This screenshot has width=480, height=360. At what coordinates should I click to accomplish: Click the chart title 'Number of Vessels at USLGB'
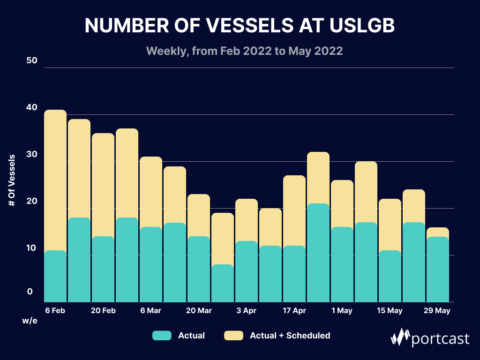point(240,26)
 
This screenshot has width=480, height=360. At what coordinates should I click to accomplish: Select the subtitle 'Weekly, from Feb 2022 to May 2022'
point(244,51)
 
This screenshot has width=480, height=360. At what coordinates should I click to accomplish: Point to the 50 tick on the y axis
point(32,61)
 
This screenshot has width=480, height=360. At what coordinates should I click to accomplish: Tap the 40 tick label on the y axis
point(32,108)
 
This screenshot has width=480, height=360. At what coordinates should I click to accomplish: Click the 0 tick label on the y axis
point(30,292)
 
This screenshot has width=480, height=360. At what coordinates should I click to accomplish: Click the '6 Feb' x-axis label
point(55,311)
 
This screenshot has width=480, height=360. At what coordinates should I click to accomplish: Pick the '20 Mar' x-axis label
point(198,311)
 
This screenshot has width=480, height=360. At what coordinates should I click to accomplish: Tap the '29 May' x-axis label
point(437,311)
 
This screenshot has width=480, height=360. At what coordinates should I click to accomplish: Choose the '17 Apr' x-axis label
point(294,311)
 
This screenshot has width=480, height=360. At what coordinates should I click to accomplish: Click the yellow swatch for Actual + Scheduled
point(233,336)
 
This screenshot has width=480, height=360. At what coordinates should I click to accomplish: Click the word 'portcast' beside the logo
point(440,338)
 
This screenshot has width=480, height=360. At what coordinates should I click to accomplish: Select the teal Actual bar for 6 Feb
point(55,277)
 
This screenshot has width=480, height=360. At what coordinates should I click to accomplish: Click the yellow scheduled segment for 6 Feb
point(55,180)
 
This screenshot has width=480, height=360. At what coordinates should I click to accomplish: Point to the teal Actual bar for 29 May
point(437,270)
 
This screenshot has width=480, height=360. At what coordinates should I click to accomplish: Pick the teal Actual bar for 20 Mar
point(199,270)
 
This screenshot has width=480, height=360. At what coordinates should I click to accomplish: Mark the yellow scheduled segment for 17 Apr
point(294,211)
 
